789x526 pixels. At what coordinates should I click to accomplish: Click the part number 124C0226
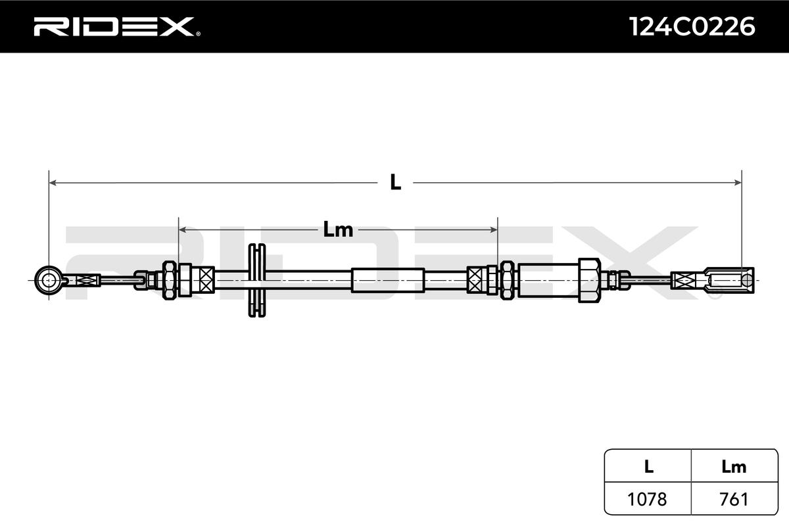692,27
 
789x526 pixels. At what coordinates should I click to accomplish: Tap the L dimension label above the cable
395,183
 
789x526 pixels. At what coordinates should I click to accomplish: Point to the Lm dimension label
338,230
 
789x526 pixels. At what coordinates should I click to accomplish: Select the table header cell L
648,467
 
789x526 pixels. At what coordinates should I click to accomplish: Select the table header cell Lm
734,467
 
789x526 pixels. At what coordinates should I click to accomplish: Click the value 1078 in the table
648,499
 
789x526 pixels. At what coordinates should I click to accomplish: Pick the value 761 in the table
734,499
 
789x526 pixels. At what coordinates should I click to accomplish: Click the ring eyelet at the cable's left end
49,280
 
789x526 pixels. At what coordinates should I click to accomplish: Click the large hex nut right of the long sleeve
588,280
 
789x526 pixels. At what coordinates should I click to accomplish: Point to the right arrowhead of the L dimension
737,183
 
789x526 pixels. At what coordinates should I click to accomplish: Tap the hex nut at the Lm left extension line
169,280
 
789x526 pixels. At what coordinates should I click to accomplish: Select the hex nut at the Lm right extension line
507,280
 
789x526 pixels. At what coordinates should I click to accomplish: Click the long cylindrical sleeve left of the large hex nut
548,280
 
